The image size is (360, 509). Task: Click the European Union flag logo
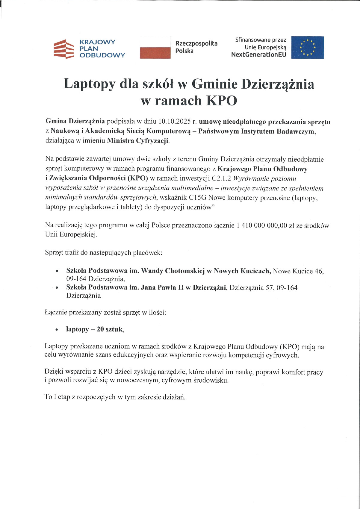(307, 47)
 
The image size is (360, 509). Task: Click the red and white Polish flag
(155, 47)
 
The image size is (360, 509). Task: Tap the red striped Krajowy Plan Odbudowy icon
(63, 49)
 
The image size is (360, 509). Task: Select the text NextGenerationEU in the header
(258, 54)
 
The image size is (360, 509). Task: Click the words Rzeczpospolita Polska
(196, 47)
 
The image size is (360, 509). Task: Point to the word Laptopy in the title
(89, 84)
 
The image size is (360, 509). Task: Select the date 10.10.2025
(174, 122)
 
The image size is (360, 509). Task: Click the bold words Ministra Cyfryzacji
(138, 141)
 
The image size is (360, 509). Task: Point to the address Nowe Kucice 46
(298, 271)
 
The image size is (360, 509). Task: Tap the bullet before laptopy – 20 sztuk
(57, 330)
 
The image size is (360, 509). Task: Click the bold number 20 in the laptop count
(100, 329)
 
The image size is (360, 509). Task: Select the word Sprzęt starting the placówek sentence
(54, 253)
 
